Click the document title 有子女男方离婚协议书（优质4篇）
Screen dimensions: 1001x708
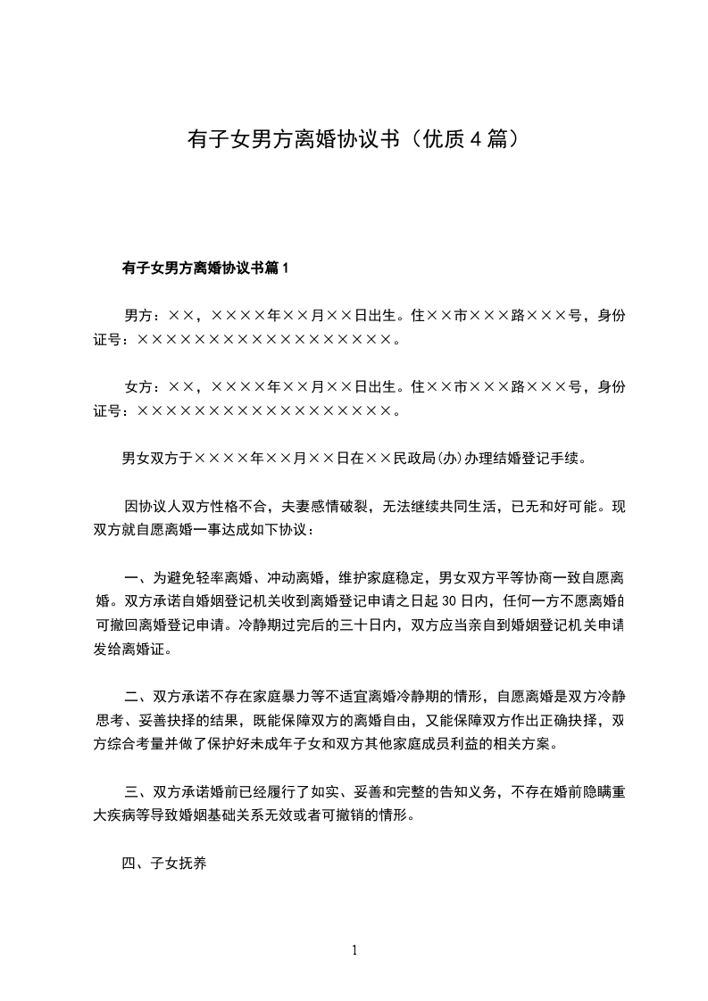tap(354, 139)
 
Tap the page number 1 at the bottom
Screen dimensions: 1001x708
tap(354, 949)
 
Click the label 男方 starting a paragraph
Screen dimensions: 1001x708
tap(137, 315)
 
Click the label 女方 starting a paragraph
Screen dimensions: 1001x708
tap(137, 386)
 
